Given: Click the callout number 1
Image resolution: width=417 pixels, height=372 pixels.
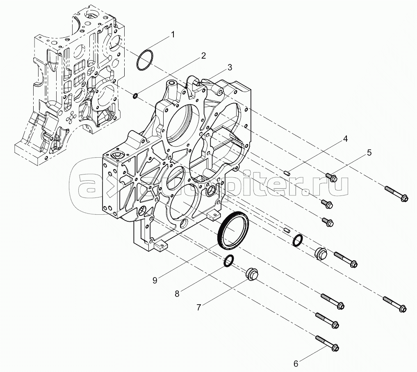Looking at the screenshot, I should tap(173, 35).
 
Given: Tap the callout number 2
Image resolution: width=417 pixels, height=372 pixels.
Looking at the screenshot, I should tap(203, 56).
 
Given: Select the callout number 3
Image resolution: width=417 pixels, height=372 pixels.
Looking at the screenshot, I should tap(230, 67).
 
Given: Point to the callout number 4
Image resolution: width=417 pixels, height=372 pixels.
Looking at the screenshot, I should tap(345, 139).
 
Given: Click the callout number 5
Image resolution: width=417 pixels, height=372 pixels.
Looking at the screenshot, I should tap(369, 153).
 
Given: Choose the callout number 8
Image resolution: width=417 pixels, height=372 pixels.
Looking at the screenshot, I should tap(177, 294).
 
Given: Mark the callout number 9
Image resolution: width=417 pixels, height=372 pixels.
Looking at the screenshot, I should tap(155, 280).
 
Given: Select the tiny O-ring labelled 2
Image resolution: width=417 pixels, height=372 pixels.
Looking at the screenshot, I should tap(135, 96).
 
